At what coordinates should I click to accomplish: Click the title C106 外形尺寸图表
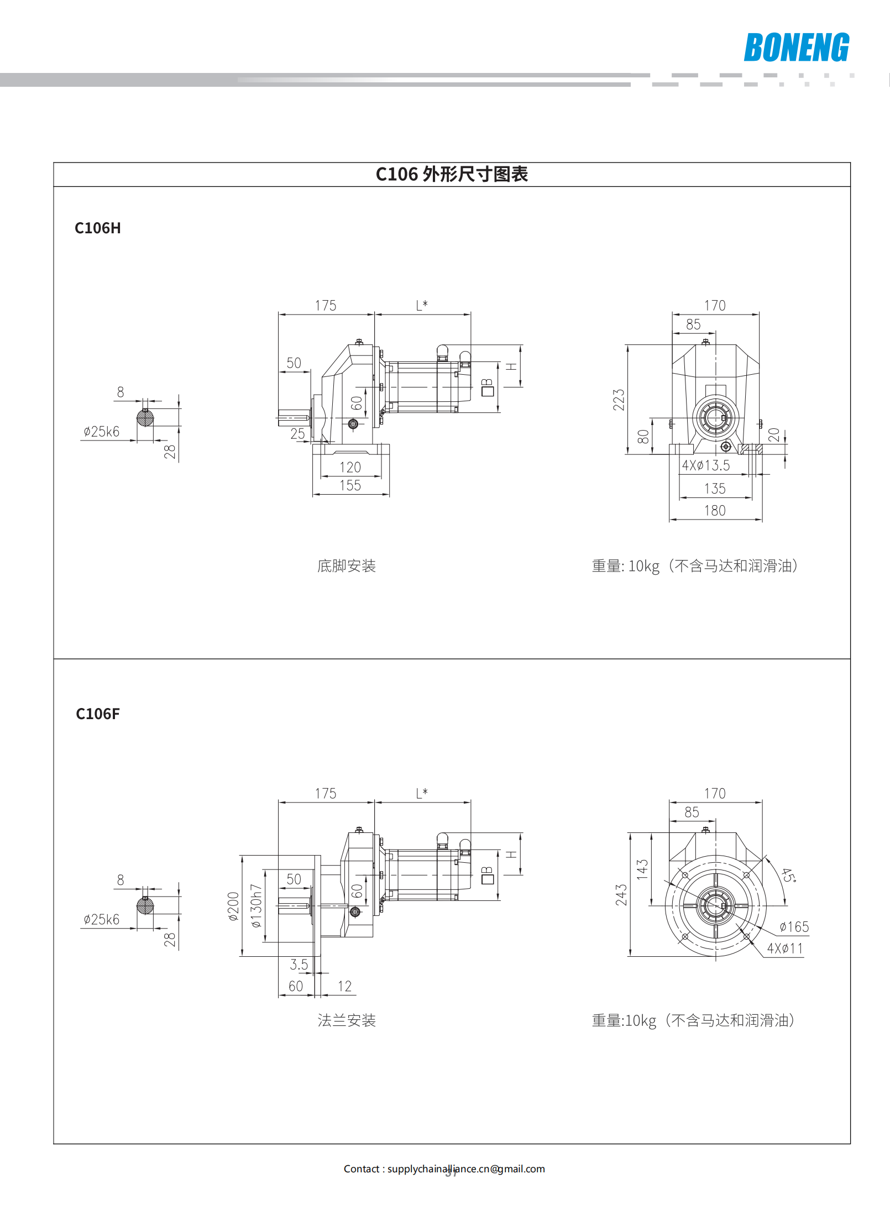click(x=452, y=174)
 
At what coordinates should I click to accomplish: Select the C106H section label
click(x=98, y=228)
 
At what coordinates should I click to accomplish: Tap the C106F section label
click(x=98, y=714)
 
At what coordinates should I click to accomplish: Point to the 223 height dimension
click(x=619, y=400)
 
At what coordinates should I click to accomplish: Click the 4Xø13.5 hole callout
click(x=706, y=465)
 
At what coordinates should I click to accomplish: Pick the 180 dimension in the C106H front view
click(x=715, y=511)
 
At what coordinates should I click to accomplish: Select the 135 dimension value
click(x=715, y=489)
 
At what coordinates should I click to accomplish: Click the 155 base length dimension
click(x=350, y=485)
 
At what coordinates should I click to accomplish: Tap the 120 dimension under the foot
click(x=350, y=468)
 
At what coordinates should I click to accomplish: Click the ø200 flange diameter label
click(x=233, y=906)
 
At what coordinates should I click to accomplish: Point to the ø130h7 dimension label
click(x=255, y=905)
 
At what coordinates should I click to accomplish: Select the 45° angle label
click(x=789, y=875)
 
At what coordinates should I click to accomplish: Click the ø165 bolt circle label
click(x=794, y=927)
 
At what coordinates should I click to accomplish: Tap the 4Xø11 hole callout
click(x=784, y=948)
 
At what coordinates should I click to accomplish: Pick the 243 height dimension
click(x=621, y=894)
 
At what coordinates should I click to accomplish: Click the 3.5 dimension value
click(x=299, y=965)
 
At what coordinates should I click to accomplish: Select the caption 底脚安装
click(x=347, y=566)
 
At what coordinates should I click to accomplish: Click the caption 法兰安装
click(x=347, y=1020)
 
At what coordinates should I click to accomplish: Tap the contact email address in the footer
click(x=466, y=1168)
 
